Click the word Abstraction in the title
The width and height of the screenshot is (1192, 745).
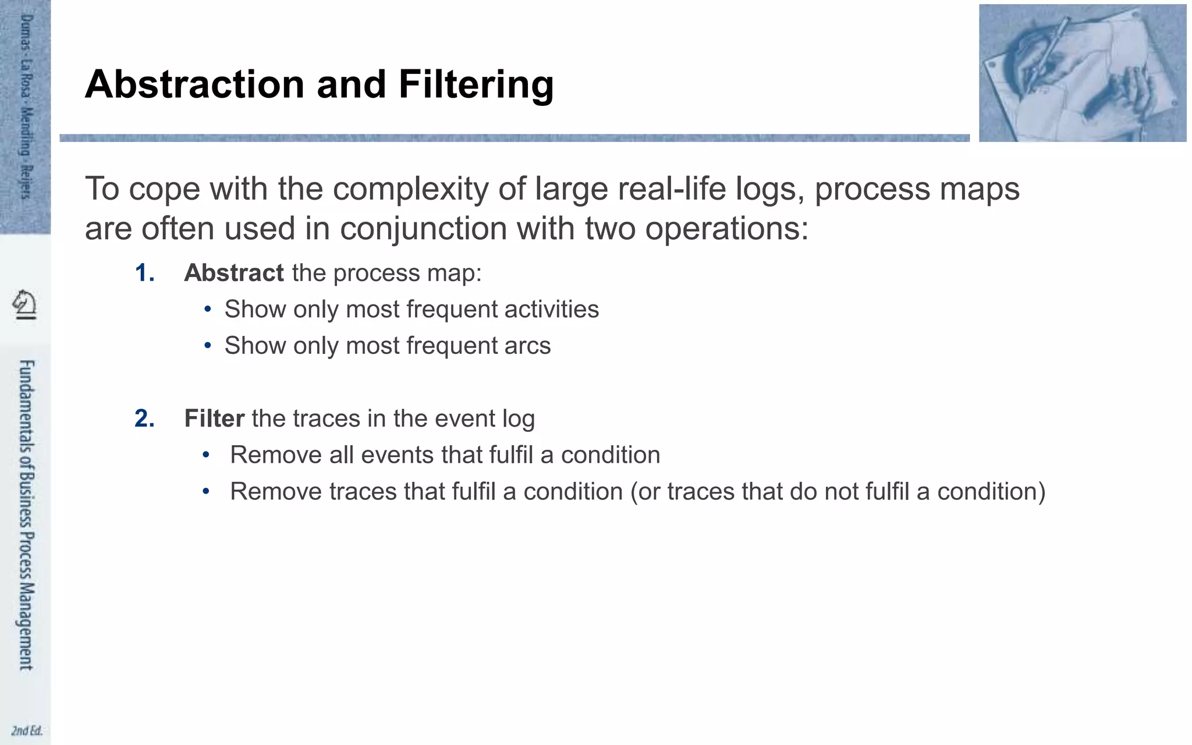coord(195,85)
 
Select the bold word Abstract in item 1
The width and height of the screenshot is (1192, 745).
coord(233,273)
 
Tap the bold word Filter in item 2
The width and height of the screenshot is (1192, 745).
coord(214,418)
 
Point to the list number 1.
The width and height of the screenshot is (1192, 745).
coord(144,273)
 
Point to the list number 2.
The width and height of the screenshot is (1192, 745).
coord(144,418)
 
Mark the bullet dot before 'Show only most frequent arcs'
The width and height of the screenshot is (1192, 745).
coord(208,346)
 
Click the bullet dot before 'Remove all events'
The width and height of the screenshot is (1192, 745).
coord(205,455)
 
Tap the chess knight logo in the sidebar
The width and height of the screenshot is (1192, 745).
coord(25,304)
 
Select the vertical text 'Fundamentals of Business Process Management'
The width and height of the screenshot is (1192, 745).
coord(26,515)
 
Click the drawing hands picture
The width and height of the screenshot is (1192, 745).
coord(1082,73)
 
